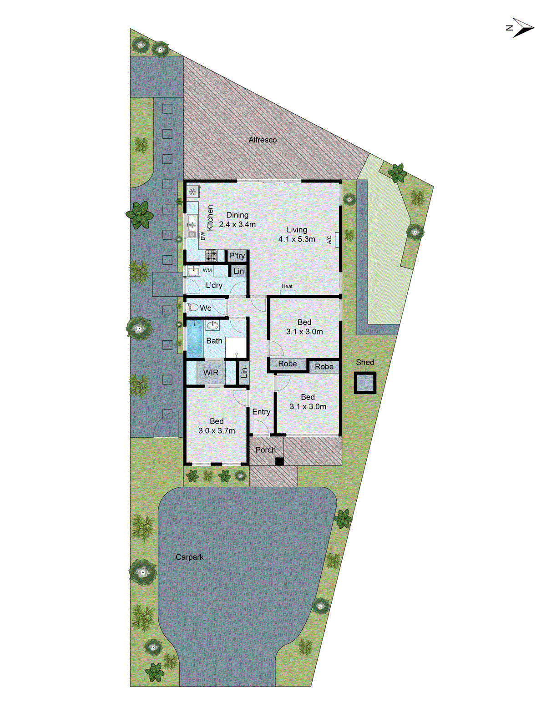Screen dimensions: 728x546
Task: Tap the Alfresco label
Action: [x=263, y=140]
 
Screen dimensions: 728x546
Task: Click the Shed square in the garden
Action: [x=365, y=383]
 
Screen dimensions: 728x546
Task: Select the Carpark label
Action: [x=190, y=557]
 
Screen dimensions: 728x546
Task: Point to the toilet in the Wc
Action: [x=192, y=308]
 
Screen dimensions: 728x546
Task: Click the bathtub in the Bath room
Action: [x=194, y=339]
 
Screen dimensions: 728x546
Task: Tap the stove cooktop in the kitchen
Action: [x=211, y=255]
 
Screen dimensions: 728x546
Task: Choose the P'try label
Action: [x=237, y=256]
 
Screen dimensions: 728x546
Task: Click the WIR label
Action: [x=211, y=373]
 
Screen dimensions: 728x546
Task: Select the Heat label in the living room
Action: [x=287, y=286]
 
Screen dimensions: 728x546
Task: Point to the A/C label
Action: [x=330, y=239]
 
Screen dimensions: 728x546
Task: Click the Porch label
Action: [x=265, y=450]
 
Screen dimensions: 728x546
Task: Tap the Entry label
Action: [x=261, y=412]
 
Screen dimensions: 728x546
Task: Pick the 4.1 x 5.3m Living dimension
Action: [x=297, y=239]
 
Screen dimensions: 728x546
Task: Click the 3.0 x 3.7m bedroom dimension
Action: [x=217, y=431]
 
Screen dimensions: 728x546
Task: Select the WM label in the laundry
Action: [x=207, y=270]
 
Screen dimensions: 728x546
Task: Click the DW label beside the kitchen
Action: [x=203, y=236]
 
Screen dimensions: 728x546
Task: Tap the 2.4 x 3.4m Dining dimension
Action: [x=237, y=224]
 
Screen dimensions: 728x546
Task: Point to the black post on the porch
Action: [x=279, y=461]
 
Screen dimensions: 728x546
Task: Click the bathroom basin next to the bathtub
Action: [x=212, y=325]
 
